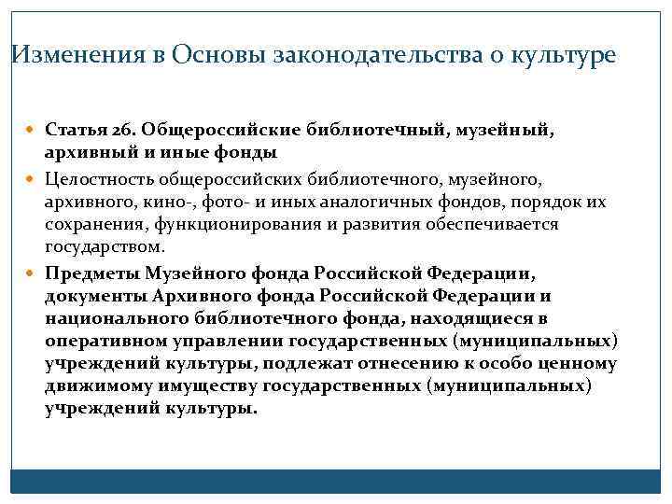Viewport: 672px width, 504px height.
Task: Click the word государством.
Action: pyautogui.click(x=105, y=247)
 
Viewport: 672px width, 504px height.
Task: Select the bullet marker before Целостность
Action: pyautogui.click(x=34, y=179)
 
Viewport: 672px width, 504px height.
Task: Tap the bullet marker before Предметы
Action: pyautogui.click(x=34, y=274)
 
